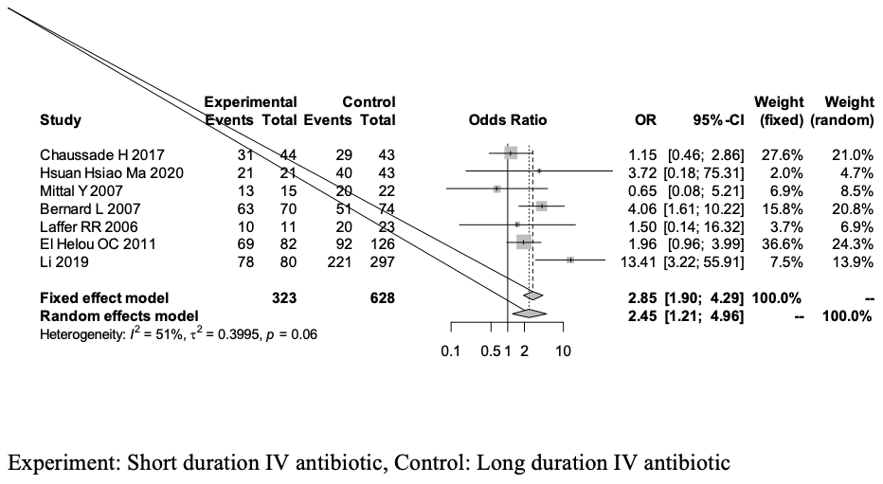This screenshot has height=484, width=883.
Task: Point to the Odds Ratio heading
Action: click(508, 120)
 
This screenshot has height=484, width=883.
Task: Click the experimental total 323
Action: click(283, 297)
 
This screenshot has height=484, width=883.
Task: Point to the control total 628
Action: click(382, 297)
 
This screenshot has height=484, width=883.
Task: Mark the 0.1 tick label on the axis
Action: click(450, 351)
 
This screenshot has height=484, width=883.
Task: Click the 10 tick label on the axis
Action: click(563, 351)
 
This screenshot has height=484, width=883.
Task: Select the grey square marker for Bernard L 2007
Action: click(541, 206)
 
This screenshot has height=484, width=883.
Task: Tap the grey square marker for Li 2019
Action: click(569, 259)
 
